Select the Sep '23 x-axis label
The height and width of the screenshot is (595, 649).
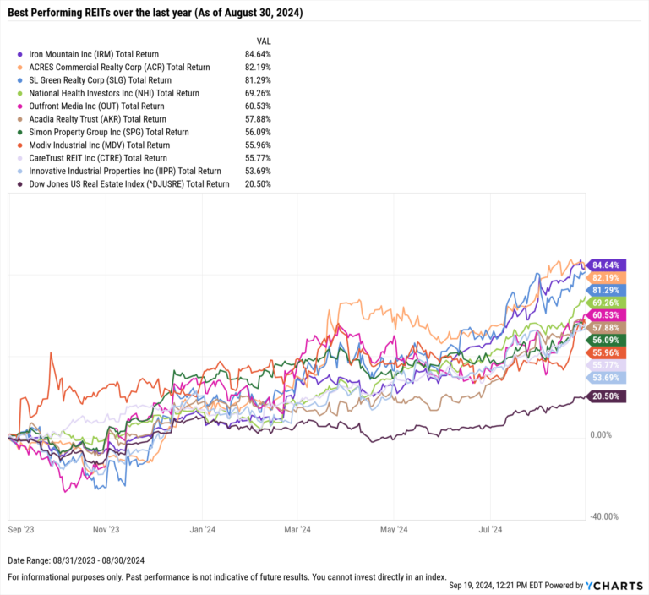point(20,530)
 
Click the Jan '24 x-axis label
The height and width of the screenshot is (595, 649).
point(203,530)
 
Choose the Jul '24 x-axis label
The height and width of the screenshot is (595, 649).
point(491,530)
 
